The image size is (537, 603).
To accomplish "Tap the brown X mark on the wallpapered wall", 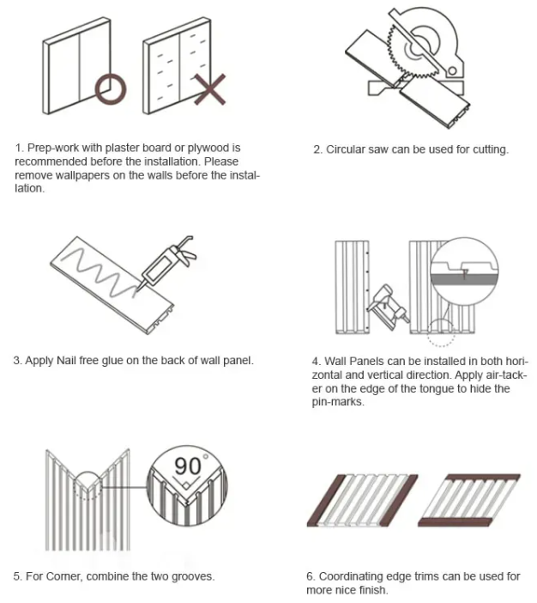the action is pyautogui.click(x=209, y=89).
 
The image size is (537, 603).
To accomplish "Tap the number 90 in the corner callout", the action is pyautogui.click(x=187, y=466).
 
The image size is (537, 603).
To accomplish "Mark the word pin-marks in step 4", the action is pyautogui.click(x=337, y=402).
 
